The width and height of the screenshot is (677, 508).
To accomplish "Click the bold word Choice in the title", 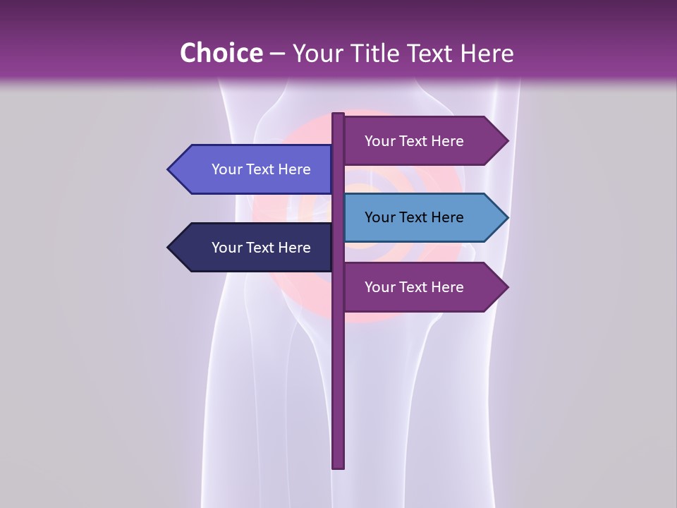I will point(221,53).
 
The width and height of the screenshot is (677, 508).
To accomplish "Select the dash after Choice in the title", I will point(277,54).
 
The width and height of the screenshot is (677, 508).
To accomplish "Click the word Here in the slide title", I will point(487,53).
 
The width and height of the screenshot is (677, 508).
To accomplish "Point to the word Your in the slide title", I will point(315,53).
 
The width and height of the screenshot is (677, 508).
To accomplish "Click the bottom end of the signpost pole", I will point(338,466).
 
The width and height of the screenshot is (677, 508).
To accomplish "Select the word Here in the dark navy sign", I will point(295,248).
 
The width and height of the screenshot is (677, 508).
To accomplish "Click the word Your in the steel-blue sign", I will point(380,217).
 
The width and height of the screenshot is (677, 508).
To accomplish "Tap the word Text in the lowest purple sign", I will point(414,287).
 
